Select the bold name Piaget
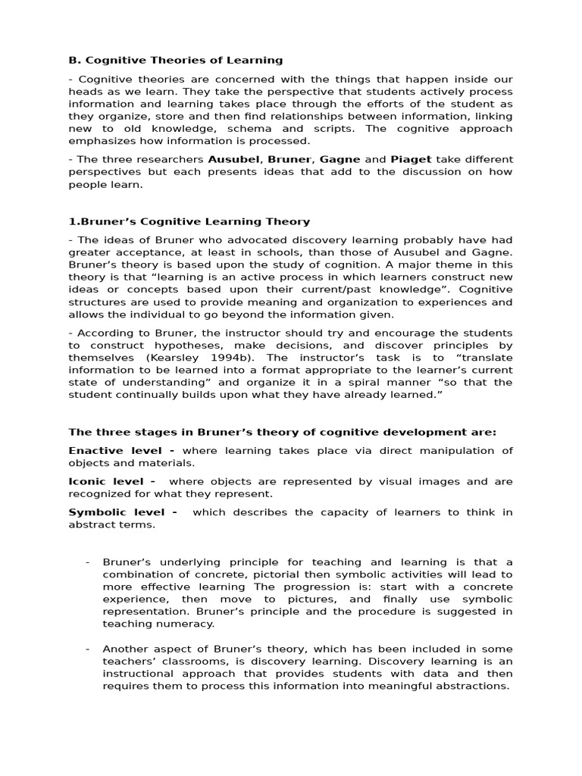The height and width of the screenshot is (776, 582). pos(410,159)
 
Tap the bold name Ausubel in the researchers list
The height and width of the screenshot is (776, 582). pos(234,159)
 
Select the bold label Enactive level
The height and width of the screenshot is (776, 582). pos(121,450)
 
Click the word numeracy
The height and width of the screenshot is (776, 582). pos(190,624)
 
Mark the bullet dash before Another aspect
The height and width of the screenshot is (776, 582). pos(88,649)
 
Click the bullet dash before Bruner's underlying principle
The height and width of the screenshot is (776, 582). pos(88,562)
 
